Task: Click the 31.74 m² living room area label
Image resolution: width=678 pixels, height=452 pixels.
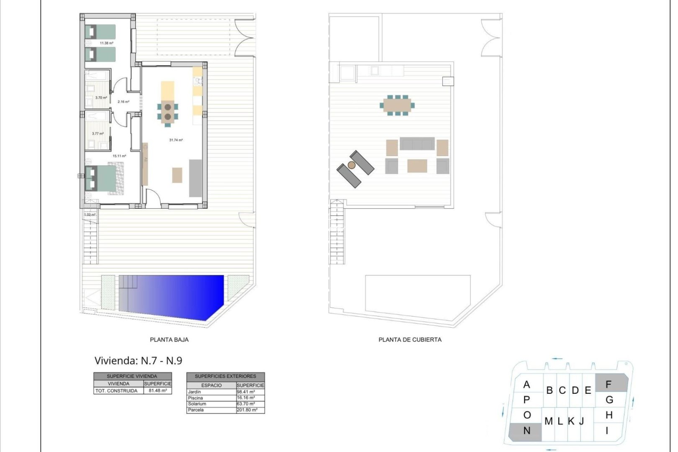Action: coord(176,140)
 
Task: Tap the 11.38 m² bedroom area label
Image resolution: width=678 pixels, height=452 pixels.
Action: coord(106,43)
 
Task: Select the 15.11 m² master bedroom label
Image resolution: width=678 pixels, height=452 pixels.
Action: coord(119,156)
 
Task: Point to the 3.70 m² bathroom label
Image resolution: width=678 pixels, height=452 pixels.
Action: coord(101,98)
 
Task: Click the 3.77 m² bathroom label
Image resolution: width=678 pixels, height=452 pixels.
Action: coord(98,134)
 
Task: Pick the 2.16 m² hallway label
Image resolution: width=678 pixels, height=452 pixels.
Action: coord(123,102)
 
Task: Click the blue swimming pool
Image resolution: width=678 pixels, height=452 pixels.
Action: coord(176,295)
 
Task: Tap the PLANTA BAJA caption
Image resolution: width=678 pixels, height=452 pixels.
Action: coord(169,340)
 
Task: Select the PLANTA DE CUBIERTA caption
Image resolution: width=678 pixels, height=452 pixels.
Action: coord(410,340)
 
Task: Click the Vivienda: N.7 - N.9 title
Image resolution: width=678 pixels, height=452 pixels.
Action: coord(138,361)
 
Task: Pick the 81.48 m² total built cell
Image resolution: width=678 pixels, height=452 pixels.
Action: coord(158,390)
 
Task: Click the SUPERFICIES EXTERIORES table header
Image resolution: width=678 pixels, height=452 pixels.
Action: coord(225,376)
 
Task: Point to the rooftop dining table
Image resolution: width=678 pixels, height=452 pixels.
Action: coord(397,105)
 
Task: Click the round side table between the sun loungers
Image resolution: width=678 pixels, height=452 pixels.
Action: coord(352,165)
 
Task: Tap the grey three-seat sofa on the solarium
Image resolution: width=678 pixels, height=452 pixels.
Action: coord(417,144)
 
